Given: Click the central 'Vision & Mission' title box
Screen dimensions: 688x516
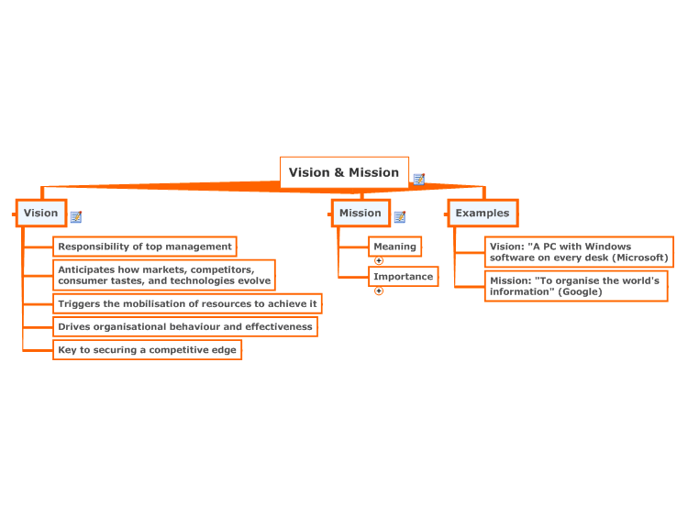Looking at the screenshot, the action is (x=344, y=172).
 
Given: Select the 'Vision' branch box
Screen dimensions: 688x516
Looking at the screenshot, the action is (x=41, y=213).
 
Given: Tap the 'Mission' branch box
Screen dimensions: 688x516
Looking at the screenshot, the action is (x=361, y=213).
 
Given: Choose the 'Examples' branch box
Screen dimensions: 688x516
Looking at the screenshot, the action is (x=483, y=213).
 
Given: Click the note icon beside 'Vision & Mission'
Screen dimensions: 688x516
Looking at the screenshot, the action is (x=419, y=179).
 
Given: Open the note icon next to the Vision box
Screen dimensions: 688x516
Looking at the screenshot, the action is (x=76, y=216).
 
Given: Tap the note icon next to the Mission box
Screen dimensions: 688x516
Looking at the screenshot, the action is (x=400, y=216).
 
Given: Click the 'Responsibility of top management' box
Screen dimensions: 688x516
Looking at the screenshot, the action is (x=145, y=247).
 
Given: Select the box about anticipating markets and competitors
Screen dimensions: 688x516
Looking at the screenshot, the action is (x=164, y=275).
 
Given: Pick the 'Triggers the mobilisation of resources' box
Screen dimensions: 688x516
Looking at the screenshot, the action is (x=187, y=303).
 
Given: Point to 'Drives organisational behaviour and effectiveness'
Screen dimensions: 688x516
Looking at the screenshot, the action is (x=185, y=326).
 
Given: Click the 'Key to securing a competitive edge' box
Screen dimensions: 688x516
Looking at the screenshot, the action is (x=147, y=350).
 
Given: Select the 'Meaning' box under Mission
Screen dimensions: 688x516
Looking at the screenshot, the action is (x=394, y=247).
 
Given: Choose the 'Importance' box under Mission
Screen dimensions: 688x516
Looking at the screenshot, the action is (x=404, y=277).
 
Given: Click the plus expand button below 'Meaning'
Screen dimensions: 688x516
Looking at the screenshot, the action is (x=379, y=261).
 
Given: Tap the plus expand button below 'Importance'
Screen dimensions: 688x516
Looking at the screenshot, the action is (x=379, y=291).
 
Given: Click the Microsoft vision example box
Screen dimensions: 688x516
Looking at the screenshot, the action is (x=579, y=252).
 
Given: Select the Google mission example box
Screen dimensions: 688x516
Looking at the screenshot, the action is (x=576, y=286).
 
